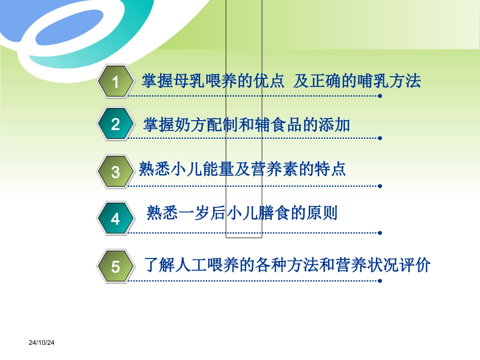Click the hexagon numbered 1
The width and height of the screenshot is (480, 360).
tap(116, 81)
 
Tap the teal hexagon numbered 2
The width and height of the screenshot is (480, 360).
tap(116, 124)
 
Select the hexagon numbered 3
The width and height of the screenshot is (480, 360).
tap(116, 172)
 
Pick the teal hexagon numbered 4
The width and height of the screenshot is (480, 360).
tap(116, 219)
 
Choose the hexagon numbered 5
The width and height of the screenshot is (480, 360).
tap(116, 266)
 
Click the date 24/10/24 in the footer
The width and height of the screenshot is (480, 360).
tap(41, 343)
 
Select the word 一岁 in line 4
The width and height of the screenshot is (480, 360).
tap(195, 213)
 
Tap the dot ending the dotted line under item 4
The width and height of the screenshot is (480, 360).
tap(380, 233)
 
